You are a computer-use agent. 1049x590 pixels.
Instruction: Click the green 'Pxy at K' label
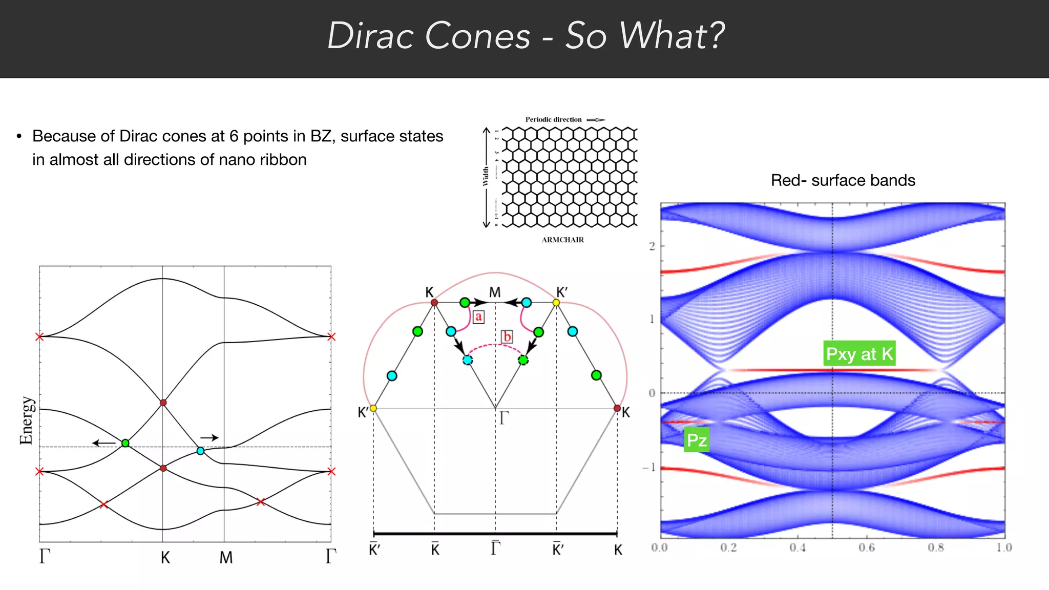pyautogui.click(x=859, y=353)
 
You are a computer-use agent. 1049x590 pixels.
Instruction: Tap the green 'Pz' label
pyautogui.click(x=697, y=439)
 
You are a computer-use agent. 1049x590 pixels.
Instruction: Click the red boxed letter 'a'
pyautogui.click(x=478, y=317)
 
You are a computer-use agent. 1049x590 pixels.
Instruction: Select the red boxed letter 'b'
pyautogui.click(x=507, y=336)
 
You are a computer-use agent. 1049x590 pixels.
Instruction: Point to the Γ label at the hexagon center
pyautogui.click(x=503, y=418)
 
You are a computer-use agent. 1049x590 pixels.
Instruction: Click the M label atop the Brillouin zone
pyautogui.click(x=495, y=292)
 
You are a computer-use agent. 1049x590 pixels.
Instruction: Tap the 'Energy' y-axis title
pyautogui.click(x=27, y=420)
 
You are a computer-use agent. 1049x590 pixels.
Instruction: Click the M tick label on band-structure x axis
pyautogui.click(x=226, y=557)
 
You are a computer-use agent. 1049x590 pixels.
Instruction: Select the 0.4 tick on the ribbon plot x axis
pyautogui.click(x=797, y=547)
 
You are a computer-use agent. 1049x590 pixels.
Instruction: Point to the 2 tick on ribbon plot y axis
pyautogui.click(x=652, y=246)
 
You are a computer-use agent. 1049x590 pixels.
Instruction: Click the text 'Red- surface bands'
pyautogui.click(x=843, y=180)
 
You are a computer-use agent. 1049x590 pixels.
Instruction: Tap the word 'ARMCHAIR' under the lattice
pyautogui.click(x=562, y=240)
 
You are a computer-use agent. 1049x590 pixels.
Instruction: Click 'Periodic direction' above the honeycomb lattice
pyautogui.click(x=553, y=119)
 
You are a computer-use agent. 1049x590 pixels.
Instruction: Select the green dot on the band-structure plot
pyautogui.click(x=125, y=443)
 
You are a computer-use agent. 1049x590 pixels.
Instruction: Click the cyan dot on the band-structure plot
pyautogui.click(x=200, y=451)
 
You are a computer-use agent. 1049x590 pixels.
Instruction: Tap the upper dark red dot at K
pyautogui.click(x=163, y=403)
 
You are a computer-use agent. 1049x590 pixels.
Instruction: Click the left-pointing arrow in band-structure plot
pyautogui.click(x=103, y=443)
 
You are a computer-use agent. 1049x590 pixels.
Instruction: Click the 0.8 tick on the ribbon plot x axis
pyautogui.click(x=935, y=547)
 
